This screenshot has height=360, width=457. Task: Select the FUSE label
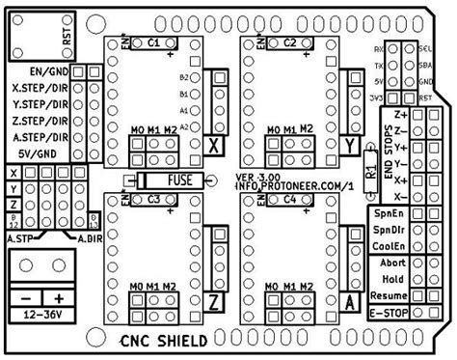pos(178,179)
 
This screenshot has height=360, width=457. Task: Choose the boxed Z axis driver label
pos(215,301)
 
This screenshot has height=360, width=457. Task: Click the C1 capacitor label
pos(155,43)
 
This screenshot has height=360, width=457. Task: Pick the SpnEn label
pos(389,213)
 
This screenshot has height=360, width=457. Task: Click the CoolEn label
pos(389,244)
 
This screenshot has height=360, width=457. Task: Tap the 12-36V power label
pos(40,315)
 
